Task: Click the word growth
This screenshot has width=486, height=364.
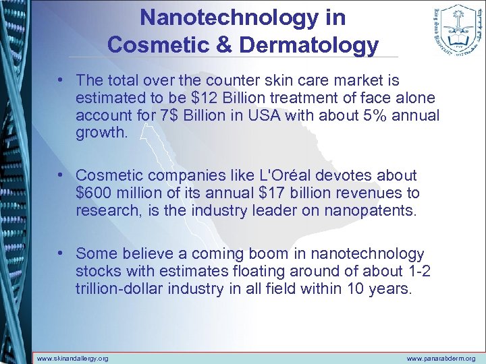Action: pos(101,132)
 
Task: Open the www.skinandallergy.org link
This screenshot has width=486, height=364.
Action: pos(73,358)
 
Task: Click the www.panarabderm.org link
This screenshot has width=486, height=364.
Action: pos(441,358)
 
